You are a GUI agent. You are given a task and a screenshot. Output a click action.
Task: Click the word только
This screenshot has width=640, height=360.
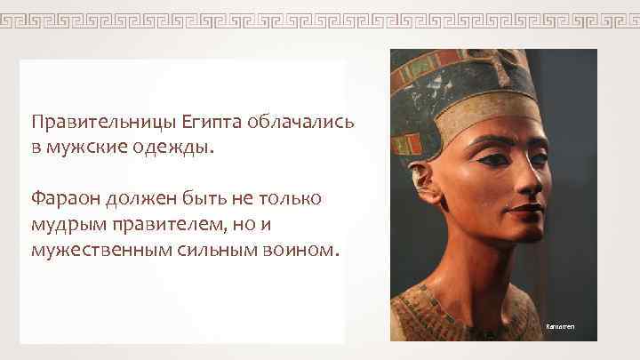click(x=292, y=197)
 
